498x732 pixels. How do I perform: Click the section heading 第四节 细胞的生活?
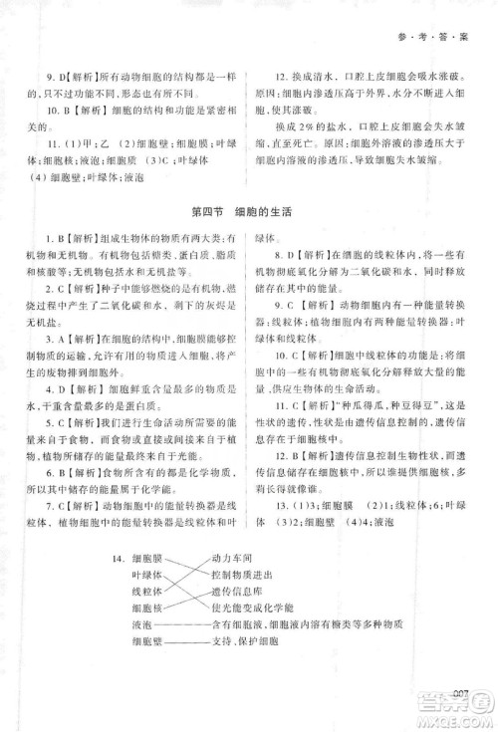click(249, 210)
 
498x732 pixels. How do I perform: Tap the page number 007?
click(459, 693)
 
